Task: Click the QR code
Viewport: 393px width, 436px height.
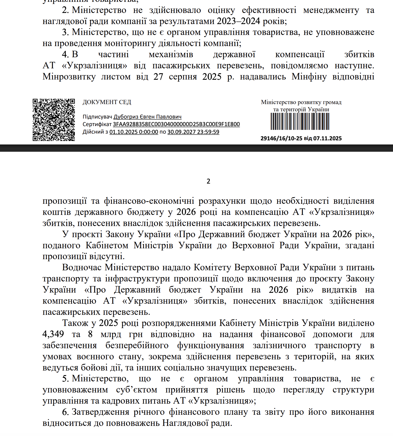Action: point(54,120)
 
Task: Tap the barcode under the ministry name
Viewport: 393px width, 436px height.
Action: point(300,121)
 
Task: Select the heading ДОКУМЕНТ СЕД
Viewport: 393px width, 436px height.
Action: point(107,102)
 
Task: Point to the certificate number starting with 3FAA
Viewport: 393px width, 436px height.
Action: point(176,124)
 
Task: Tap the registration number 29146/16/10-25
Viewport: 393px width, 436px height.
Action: point(281,139)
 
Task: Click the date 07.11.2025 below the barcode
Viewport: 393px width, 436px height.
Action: point(328,139)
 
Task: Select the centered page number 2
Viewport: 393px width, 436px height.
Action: point(208,181)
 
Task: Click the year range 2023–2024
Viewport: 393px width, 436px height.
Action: point(238,21)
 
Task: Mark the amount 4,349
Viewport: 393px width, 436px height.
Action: point(53,334)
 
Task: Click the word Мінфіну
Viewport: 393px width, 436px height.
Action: point(309,77)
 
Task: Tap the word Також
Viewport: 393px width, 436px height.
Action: point(75,323)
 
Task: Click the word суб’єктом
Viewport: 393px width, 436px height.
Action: point(137,390)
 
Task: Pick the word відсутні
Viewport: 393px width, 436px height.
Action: point(107,256)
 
